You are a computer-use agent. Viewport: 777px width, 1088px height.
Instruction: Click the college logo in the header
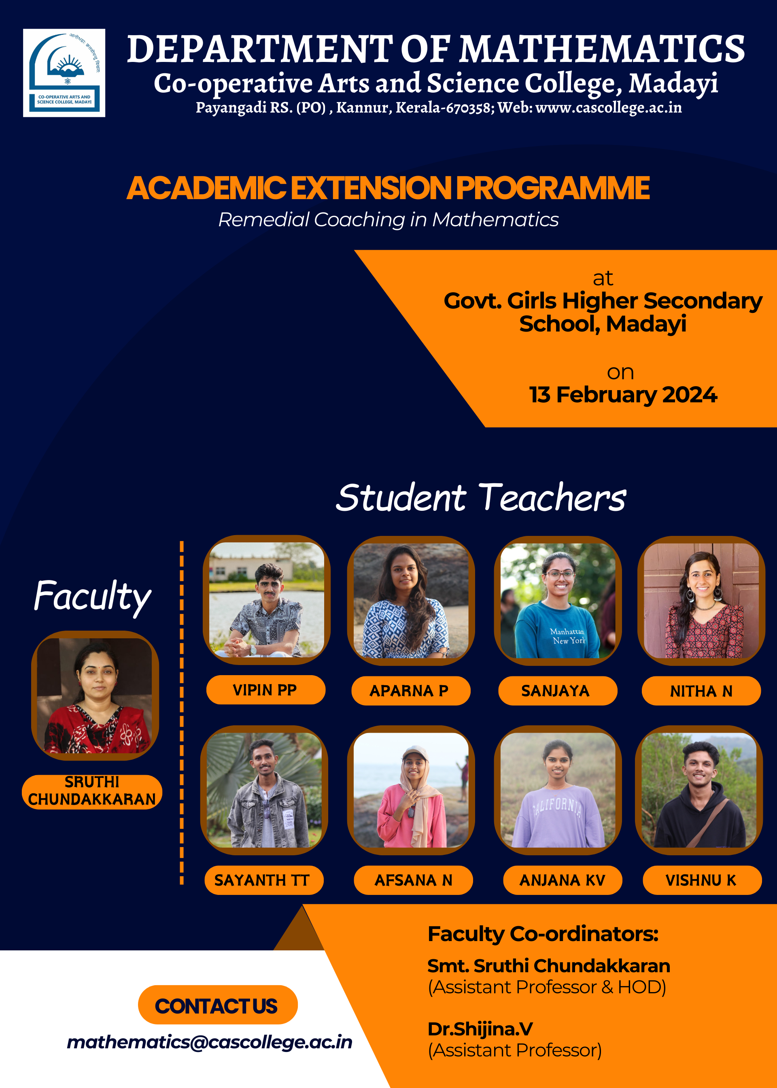click(64, 73)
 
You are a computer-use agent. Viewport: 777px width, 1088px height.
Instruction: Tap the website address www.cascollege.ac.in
click(609, 107)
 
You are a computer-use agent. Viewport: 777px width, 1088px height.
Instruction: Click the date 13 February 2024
click(623, 395)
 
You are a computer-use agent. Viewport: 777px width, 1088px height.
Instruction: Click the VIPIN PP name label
click(265, 690)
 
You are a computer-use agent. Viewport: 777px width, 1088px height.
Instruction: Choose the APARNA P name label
click(410, 691)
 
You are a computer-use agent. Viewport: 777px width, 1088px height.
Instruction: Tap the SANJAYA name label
click(557, 691)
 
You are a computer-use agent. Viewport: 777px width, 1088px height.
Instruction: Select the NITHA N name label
click(701, 691)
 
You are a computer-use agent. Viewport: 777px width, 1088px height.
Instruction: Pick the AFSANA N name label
click(413, 880)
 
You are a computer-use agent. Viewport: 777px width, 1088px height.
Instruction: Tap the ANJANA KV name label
click(563, 880)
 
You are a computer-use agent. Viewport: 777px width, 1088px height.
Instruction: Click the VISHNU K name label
click(702, 880)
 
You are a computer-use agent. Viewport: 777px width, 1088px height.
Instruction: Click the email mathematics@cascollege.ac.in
click(210, 1043)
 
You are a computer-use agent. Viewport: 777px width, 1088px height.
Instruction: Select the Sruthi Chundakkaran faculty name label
click(92, 792)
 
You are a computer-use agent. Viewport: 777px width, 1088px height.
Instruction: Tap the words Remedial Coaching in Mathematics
click(388, 220)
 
